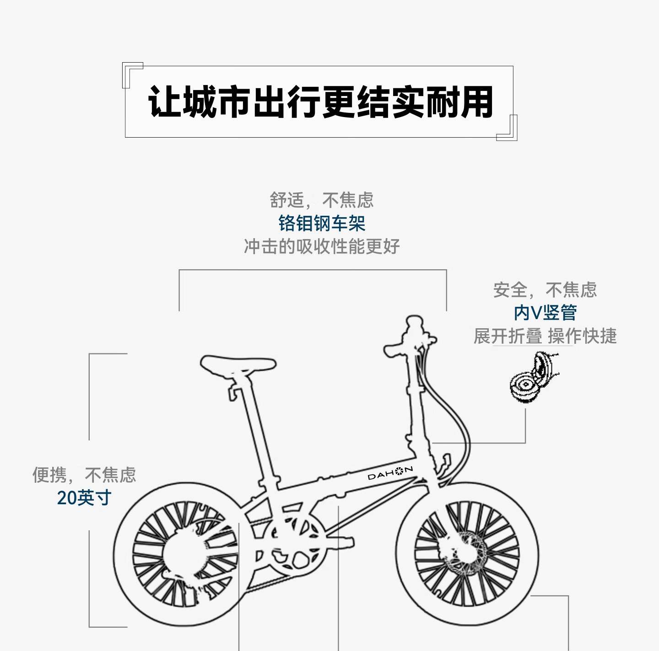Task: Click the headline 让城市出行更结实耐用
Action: click(320, 102)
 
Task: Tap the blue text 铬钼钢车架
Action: click(322, 224)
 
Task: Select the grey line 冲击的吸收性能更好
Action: click(322, 247)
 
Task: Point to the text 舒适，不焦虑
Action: click(322, 200)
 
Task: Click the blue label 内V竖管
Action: click(545, 313)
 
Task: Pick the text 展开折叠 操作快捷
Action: click(545, 336)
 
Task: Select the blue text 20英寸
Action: click(84, 498)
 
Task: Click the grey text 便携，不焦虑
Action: click(84, 475)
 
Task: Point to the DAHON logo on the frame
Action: click(390, 473)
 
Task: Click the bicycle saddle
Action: click(238, 364)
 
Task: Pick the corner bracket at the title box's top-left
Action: click(132, 73)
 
